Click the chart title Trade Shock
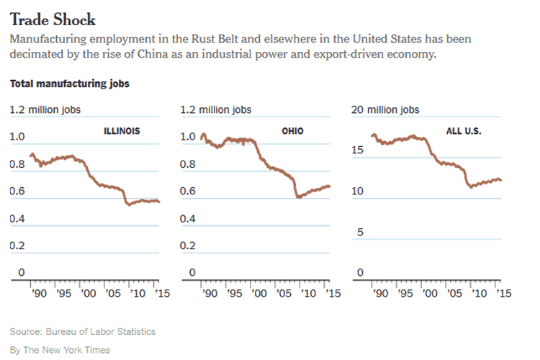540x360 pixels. (x=52, y=19)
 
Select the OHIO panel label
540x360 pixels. (x=292, y=131)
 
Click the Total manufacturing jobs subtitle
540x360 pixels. (x=69, y=84)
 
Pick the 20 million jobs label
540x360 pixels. (x=384, y=109)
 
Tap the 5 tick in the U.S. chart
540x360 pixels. (x=361, y=232)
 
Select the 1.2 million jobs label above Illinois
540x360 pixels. (x=45, y=109)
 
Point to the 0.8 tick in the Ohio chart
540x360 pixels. (x=187, y=164)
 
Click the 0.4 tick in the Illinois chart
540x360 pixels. (x=17, y=218)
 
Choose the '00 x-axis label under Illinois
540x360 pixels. (x=88, y=294)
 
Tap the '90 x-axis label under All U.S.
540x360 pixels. (x=379, y=294)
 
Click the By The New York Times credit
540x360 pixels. (x=60, y=349)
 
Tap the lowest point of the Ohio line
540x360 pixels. (x=298, y=197)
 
